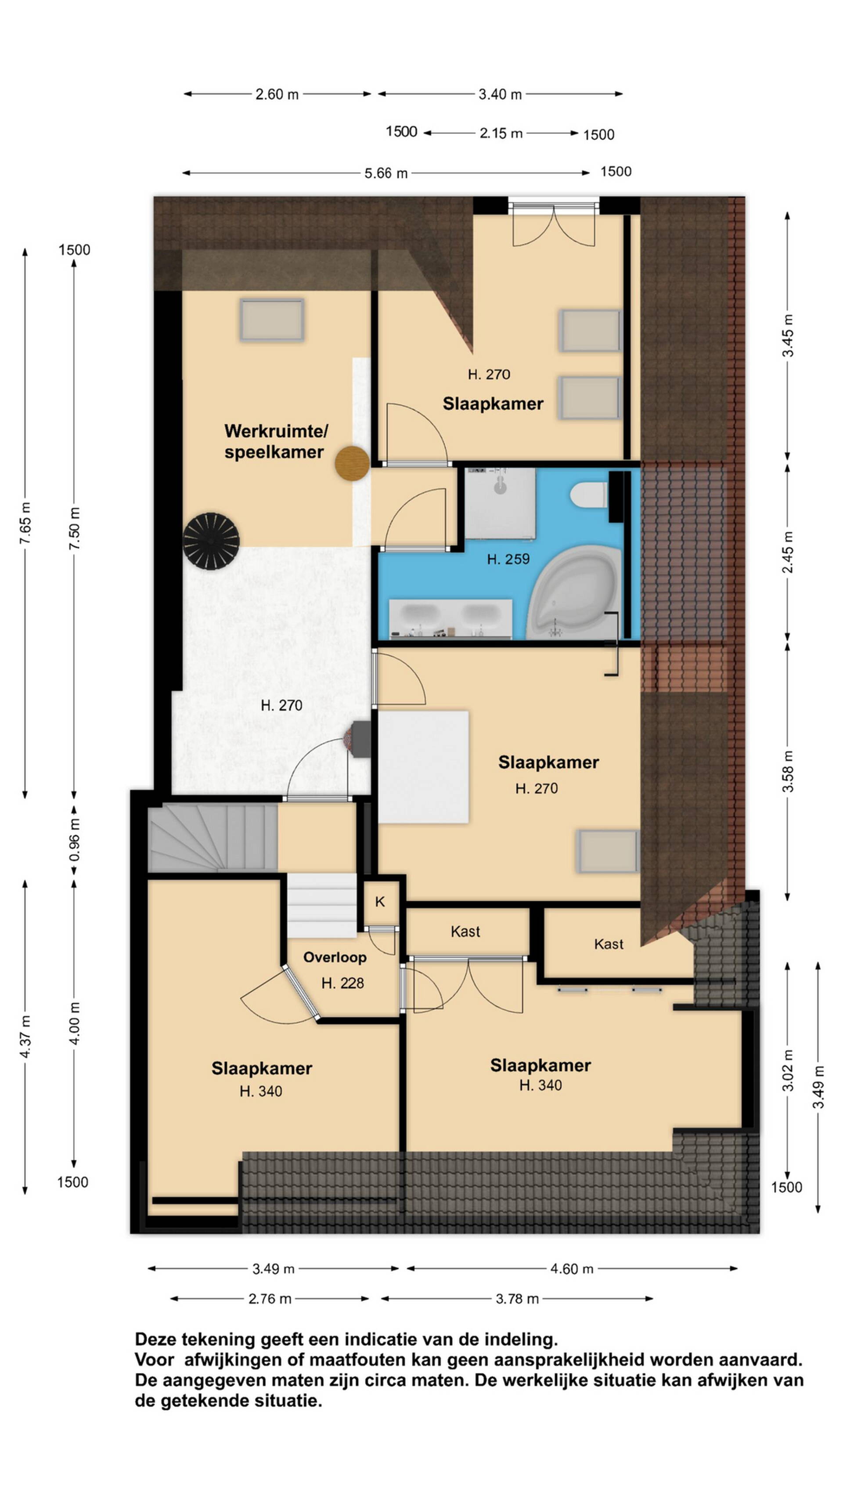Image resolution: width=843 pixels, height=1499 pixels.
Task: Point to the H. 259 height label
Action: pyautogui.click(x=508, y=559)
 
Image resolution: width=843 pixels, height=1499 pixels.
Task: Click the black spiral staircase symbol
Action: pyautogui.click(x=211, y=541)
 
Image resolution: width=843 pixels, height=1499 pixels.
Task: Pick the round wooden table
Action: pyautogui.click(x=352, y=463)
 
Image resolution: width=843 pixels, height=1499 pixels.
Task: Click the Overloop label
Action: pyautogui.click(x=335, y=957)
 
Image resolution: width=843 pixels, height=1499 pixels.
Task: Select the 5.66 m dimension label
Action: pyautogui.click(x=386, y=173)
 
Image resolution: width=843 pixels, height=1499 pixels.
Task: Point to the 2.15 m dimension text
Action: pyautogui.click(x=501, y=133)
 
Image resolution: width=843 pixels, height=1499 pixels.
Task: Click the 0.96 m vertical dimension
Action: pyautogui.click(x=75, y=840)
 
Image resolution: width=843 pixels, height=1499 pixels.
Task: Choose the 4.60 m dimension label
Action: pyautogui.click(x=572, y=1268)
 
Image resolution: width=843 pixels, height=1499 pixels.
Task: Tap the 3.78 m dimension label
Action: pyautogui.click(x=517, y=1298)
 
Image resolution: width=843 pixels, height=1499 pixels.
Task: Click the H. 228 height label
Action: pyautogui.click(x=342, y=983)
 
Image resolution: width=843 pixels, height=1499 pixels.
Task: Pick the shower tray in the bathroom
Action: pyautogui.click(x=500, y=503)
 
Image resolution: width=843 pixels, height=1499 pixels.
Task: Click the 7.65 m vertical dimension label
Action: pyautogui.click(x=25, y=523)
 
